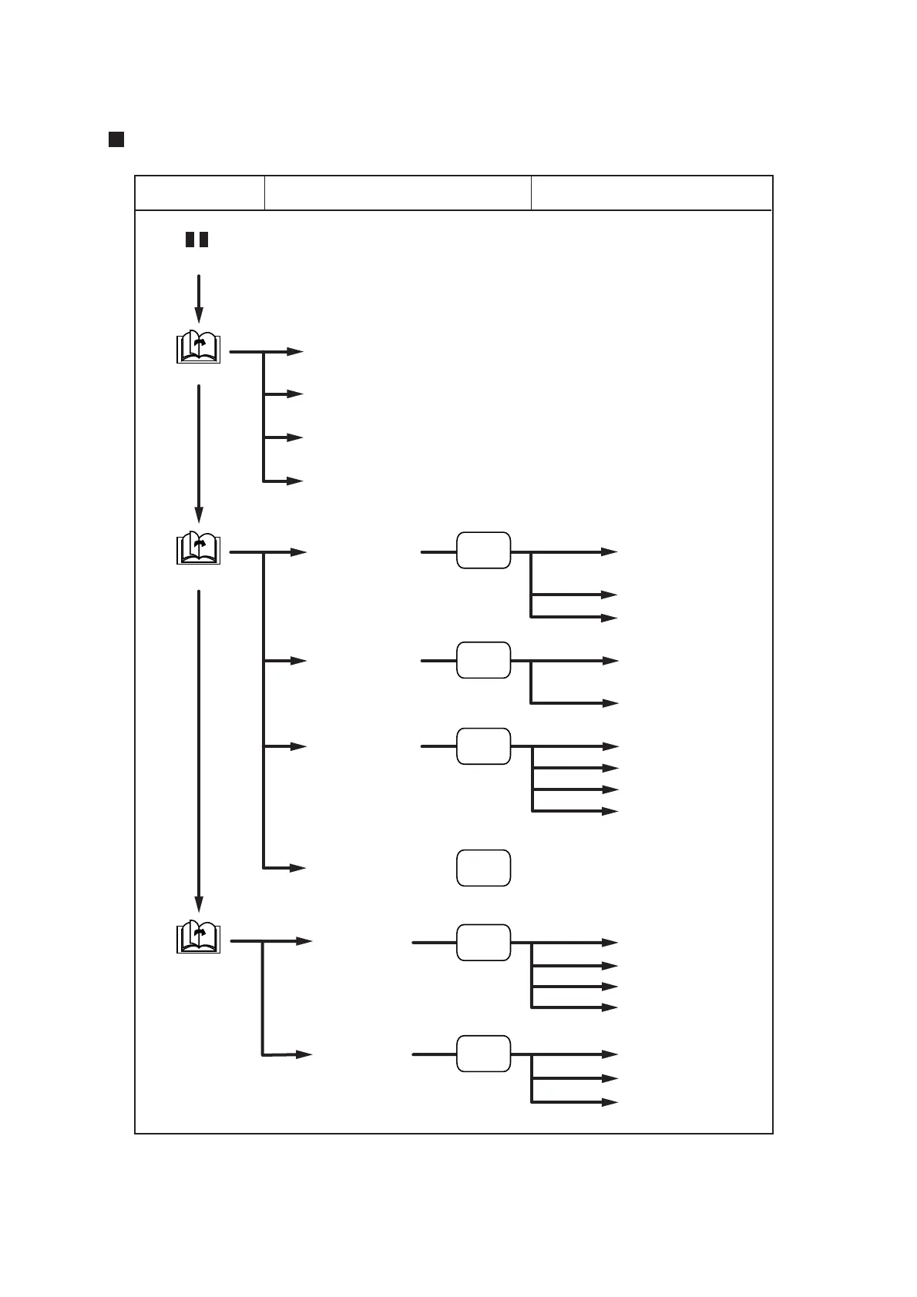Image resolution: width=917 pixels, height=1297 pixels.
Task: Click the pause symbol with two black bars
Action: pos(197,240)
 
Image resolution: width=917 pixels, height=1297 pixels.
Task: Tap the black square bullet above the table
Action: pos(116,139)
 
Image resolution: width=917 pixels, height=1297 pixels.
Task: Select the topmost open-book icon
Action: pos(199,347)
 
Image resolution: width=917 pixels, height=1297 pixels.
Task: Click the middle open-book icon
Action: pos(199,548)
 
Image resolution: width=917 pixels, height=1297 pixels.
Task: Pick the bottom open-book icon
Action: pos(199,937)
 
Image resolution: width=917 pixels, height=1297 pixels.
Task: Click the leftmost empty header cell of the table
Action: pos(200,193)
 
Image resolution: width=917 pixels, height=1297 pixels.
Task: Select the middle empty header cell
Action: pos(398,193)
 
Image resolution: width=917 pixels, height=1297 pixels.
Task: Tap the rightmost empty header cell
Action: pos(651,193)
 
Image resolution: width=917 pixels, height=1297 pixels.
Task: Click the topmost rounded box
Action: pos(483,550)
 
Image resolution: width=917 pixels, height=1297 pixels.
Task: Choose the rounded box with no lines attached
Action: pos(483,868)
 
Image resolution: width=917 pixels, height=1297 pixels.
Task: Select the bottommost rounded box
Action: pos(483,1054)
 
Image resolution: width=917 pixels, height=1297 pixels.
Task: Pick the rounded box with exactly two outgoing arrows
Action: pos(483,660)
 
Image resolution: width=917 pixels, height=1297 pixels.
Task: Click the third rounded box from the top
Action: pos(483,746)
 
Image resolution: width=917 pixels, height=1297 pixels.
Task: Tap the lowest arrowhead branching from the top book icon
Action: pos(295,481)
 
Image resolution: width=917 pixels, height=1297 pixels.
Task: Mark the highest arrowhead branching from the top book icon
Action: pos(295,352)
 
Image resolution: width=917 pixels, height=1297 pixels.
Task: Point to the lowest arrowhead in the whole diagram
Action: pos(610,1102)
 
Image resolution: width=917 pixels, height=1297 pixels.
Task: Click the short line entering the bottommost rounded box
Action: pos(434,1054)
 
